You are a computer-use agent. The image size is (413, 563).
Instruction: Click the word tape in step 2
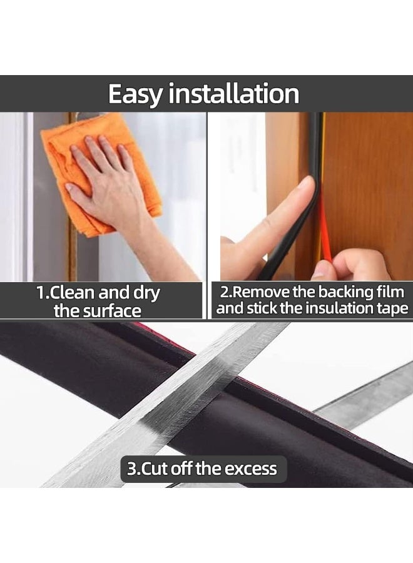tap(393, 308)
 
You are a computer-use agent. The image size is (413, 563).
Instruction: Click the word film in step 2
tap(389, 292)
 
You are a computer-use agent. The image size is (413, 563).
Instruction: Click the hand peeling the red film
tap(350, 266)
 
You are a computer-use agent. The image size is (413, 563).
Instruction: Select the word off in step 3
tap(181, 469)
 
